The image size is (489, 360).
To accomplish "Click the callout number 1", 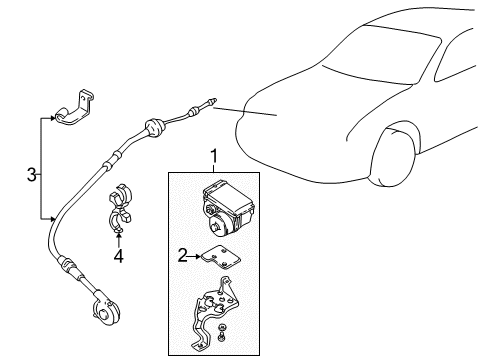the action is pos(214,156).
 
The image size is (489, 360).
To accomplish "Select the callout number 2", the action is pos(183,255).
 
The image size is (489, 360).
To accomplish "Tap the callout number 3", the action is pos(31,175).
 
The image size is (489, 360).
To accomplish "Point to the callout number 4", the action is pos(118,256).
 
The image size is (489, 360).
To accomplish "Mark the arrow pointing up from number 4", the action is pos(119,240).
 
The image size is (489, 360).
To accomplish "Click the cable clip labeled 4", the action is pos(120,207).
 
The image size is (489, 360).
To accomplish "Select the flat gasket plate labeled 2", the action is pos(220,257).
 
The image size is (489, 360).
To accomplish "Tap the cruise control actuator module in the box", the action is pos(228,207).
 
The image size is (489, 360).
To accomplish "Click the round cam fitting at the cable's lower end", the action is pos(106,312).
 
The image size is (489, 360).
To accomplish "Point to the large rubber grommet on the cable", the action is pos(154,128).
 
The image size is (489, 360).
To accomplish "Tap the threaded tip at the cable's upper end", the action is pos(212,101).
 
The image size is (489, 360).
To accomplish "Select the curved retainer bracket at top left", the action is pos(75,107).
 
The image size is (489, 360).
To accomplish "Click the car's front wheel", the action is pos(393,155).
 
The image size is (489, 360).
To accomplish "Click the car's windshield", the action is pos(382,54).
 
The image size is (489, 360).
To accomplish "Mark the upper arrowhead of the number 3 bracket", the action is pos(52,118).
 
